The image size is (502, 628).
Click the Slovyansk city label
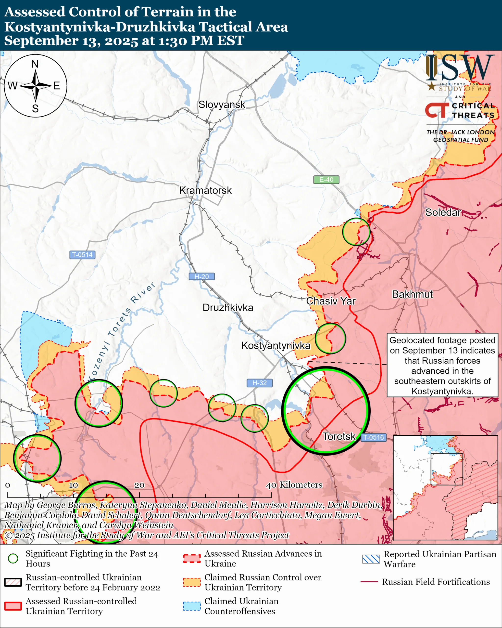pos(222,105)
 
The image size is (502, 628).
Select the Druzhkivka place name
pos(228,308)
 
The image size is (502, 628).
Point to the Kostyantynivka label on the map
pos(276,345)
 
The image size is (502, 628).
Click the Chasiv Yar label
pos(331,301)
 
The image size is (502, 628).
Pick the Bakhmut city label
pos(412,294)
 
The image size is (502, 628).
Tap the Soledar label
pos(443,212)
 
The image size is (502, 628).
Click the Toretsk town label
pos(339,436)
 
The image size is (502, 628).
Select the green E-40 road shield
pos(326,180)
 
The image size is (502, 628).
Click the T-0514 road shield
pos(82,255)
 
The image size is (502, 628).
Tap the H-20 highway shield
pos(201,276)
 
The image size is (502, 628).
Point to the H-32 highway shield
pos(259,383)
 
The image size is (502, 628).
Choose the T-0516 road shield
pos(373,437)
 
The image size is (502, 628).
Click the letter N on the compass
pos(35,64)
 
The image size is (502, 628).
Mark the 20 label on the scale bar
pos(139,485)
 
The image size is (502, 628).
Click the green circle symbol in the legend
pos(13,558)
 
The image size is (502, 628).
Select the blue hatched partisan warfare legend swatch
pos(371,559)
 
